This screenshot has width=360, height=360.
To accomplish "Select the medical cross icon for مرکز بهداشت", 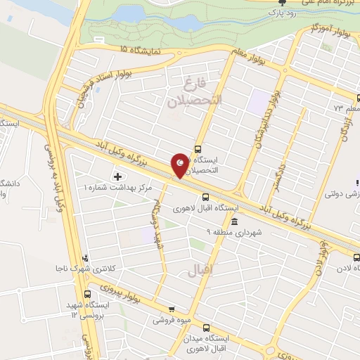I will [117, 174].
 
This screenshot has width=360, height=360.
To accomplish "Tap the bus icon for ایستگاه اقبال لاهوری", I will [205, 198].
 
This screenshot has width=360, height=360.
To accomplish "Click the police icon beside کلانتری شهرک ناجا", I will [85, 258].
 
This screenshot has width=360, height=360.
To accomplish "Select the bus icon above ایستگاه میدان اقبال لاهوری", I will [207, 328].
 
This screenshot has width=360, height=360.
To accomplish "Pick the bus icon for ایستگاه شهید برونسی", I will [87, 295].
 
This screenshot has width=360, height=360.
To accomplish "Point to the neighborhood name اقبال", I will [198, 270].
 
